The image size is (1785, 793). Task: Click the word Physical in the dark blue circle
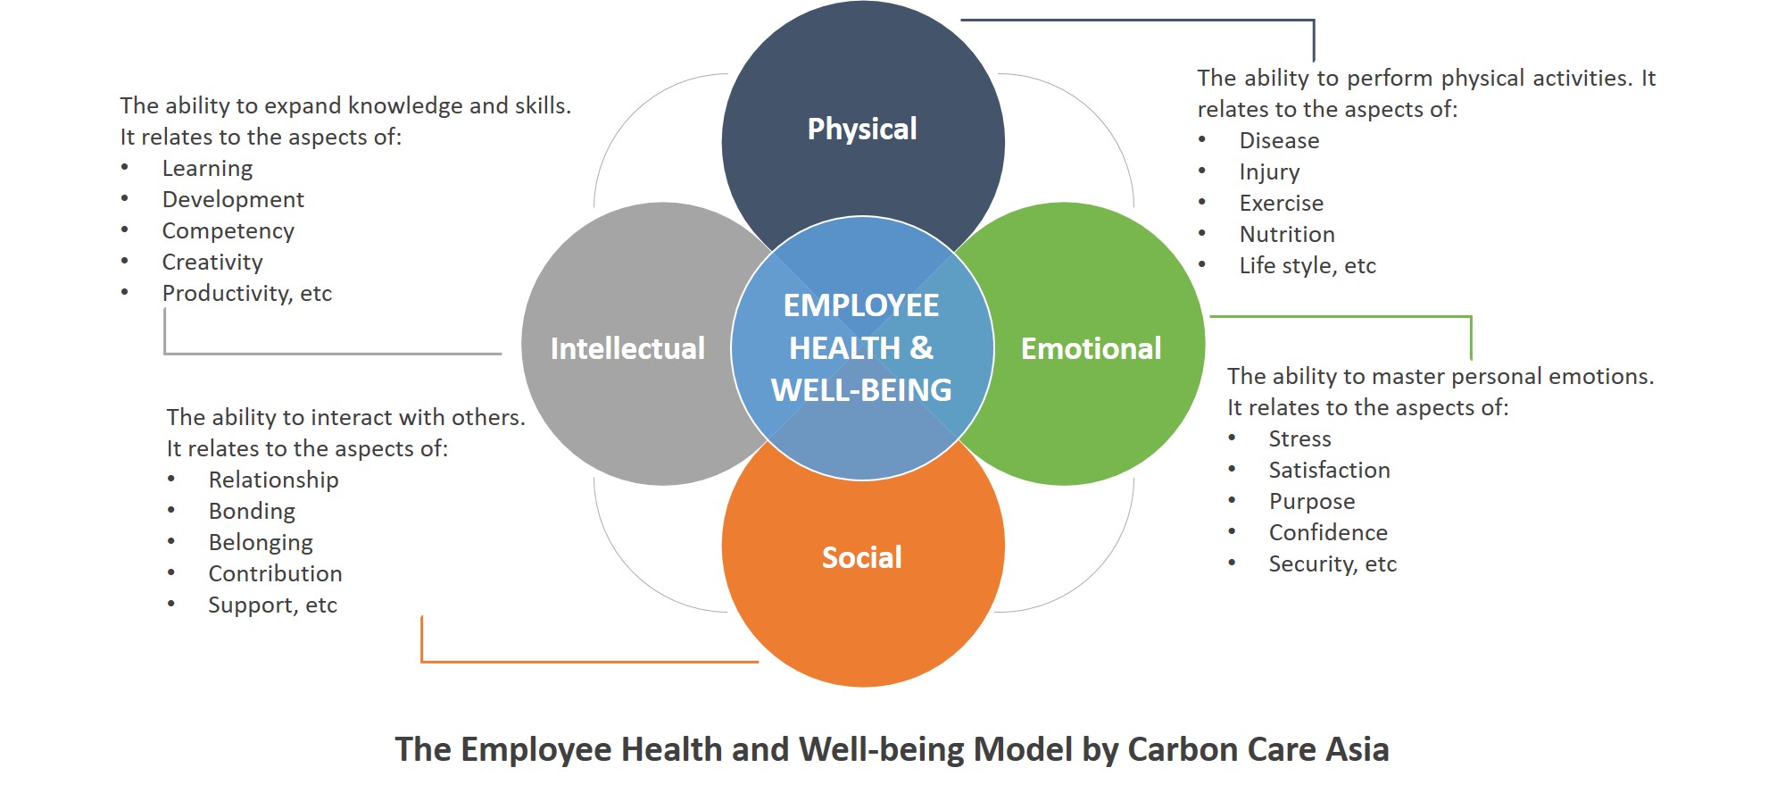point(862,129)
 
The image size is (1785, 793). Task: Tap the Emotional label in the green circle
point(1091,348)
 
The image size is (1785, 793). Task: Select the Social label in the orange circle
point(861,557)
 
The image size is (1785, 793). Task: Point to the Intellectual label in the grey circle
point(627,348)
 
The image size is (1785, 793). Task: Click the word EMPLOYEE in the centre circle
point(861,305)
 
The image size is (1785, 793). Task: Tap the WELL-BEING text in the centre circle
point(861,390)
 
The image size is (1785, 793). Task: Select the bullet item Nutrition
point(1287,234)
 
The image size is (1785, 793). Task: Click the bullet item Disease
point(1279,140)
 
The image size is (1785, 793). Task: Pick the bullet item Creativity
point(212,263)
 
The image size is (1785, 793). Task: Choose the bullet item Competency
point(228,231)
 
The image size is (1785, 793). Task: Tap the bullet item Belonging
point(261,543)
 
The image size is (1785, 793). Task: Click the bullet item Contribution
point(276,573)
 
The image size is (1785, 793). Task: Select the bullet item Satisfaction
point(1330,470)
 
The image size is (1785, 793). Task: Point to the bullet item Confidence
point(1328,532)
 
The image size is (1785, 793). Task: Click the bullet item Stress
point(1300,438)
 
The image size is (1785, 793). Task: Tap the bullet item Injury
point(1269,172)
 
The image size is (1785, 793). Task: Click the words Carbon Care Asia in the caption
point(1258,749)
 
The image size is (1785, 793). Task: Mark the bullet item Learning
point(207,169)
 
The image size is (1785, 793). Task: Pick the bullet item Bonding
point(252,512)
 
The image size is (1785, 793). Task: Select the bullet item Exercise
point(1282,203)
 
